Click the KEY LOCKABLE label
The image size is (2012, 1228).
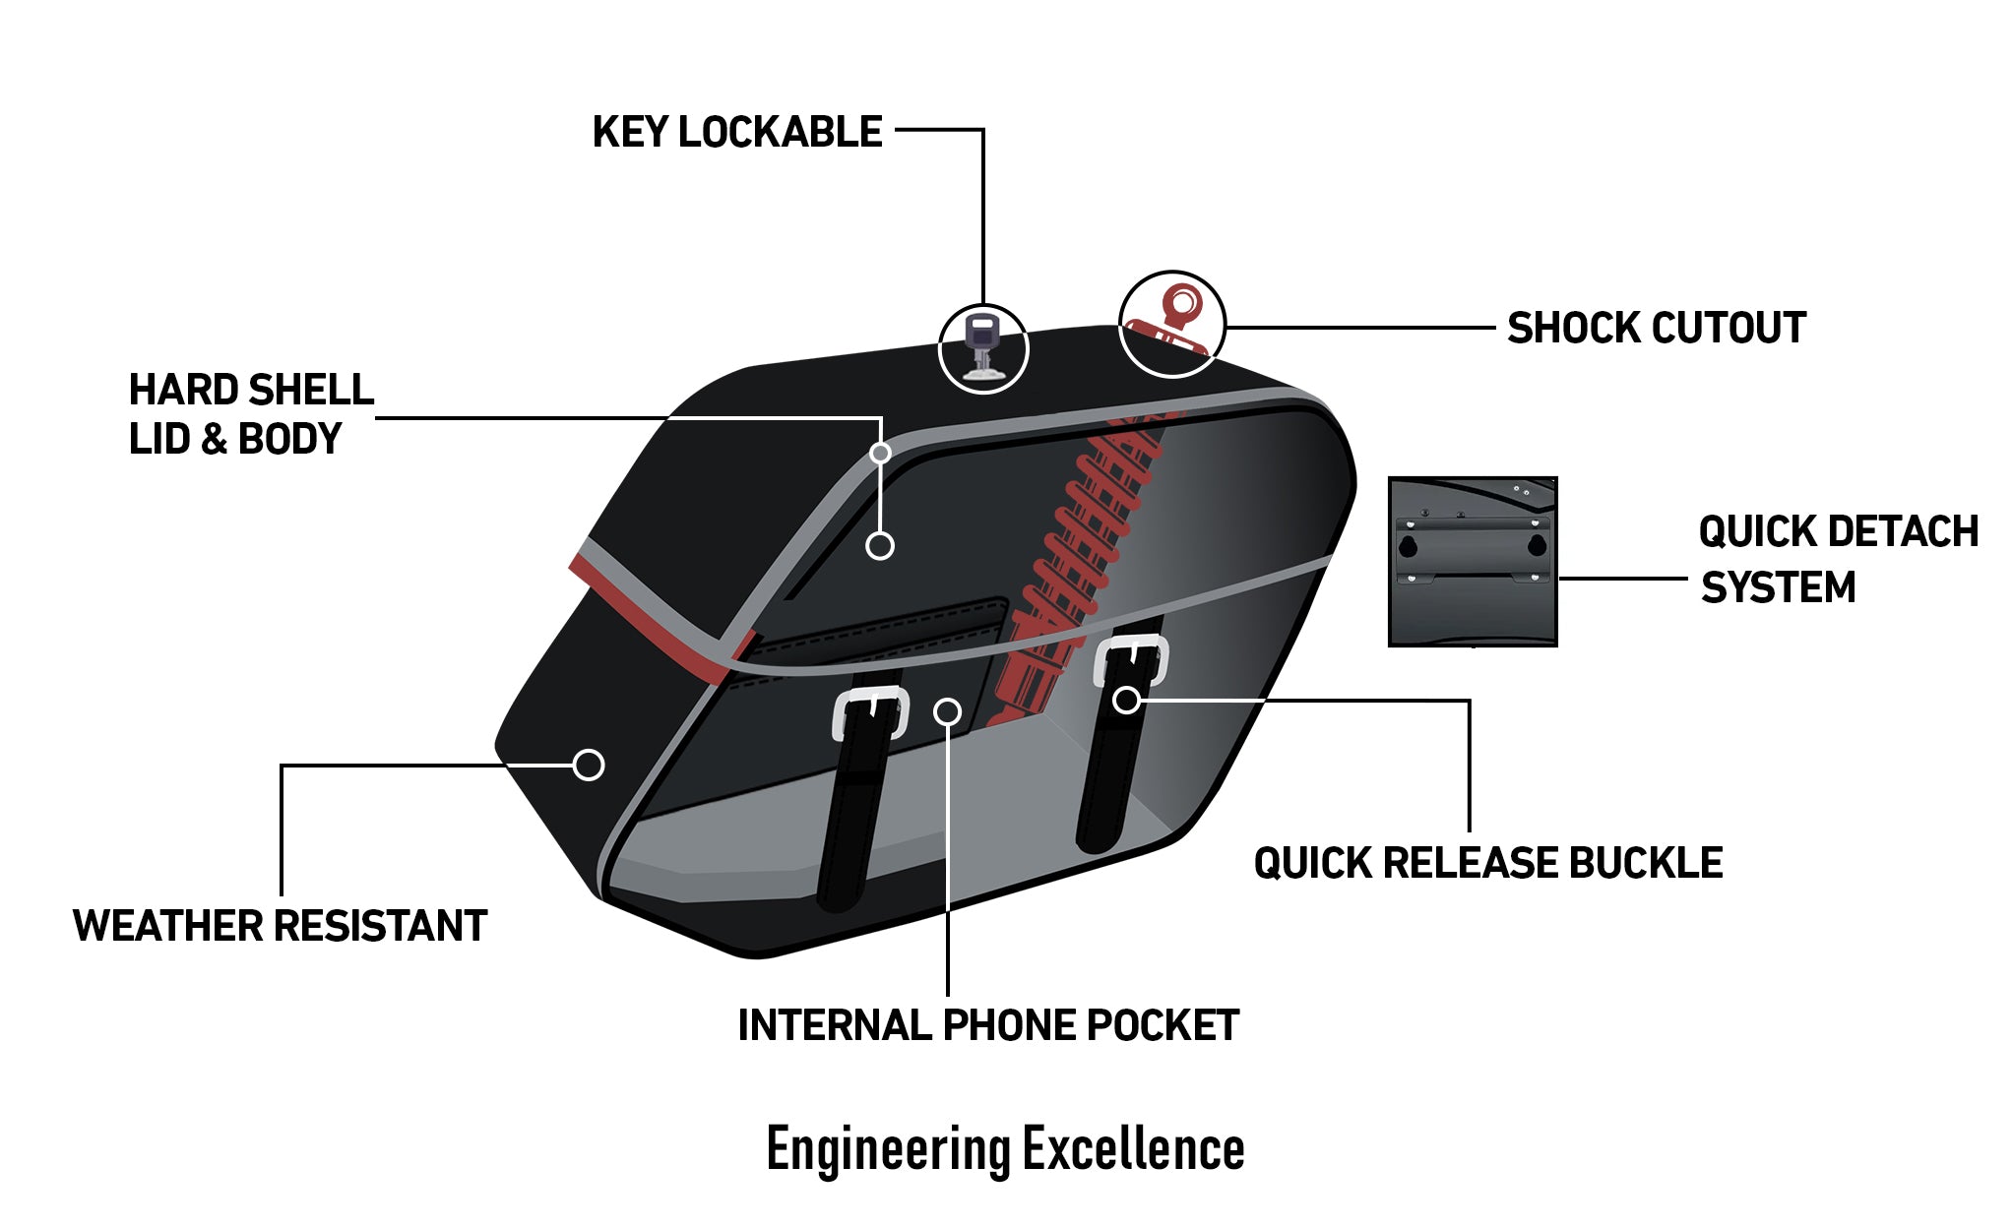pyautogui.click(x=736, y=133)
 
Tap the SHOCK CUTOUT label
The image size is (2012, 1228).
pyautogui.click(x=1656, y=329)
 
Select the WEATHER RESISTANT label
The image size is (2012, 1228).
pyautogui.click(x=280, y=926)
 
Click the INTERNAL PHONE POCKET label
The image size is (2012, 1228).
pyautogui.click(x=987, y=1025)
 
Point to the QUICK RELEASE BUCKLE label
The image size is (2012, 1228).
pyautogui.click(x=1487, y=863)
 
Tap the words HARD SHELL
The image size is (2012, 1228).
pyautogui.click(x=251, y=391)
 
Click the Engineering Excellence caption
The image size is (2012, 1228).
pyautogui.click(x=1005, y=1148)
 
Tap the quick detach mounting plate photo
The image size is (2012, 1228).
pyautogui.click(x=1472, y=562)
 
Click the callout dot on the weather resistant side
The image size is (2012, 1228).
pyautogui.click(x=589, y=765)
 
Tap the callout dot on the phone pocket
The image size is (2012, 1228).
pyautogui.click(x=947, y=710)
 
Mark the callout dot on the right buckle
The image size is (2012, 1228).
pyautogui.click(x=1126, y=700)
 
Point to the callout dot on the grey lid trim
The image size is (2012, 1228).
pyautogui.click(x=880, y=453)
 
